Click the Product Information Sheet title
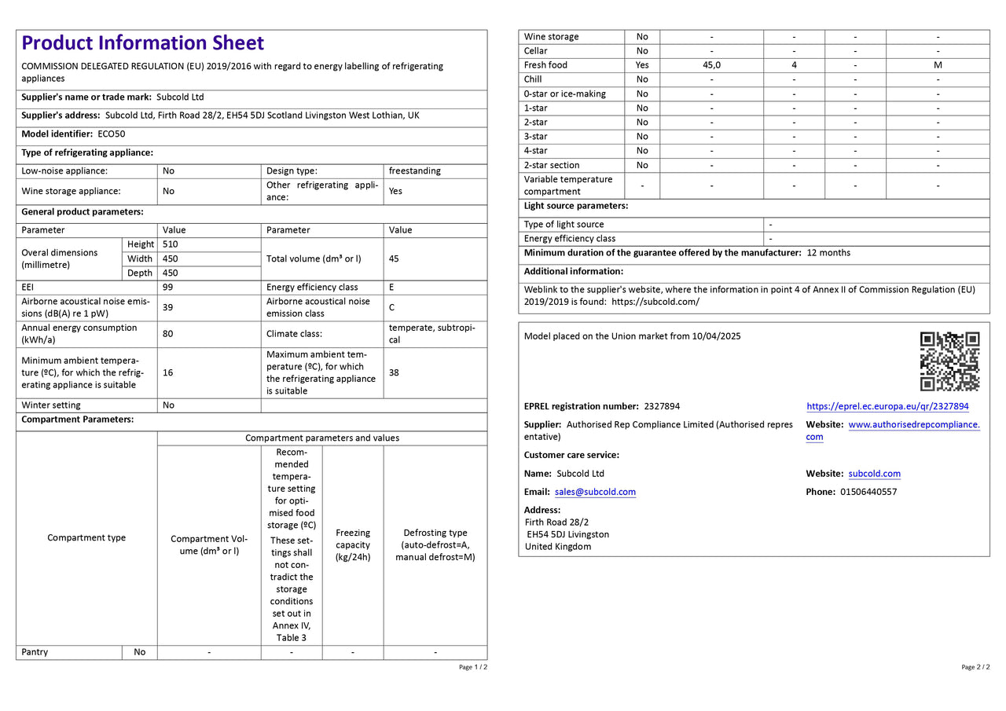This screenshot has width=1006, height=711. coord(142,43)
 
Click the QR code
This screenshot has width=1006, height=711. coord(949,361)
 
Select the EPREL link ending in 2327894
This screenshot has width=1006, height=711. coord(887,406)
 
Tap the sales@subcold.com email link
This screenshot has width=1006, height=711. coord(595,492)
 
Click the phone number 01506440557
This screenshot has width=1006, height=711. coord(868,492)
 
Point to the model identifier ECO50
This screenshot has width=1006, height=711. coord(111,134)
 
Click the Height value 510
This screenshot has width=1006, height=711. coord(170,244)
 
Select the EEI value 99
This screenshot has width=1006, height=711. coord(167,288)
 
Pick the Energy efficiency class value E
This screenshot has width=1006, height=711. coord(391,288)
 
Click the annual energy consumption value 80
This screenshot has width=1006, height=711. coord(167,334)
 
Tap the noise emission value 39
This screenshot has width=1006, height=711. coord(167,307)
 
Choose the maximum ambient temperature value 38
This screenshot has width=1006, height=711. coord(394,372)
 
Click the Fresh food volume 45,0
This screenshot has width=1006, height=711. coord(711,65)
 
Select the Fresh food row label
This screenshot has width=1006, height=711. coord(545,65)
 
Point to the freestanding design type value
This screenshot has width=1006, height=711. coord(414,170)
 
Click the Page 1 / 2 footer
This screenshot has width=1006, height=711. coord(472,667)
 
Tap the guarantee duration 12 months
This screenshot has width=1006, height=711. coord(828,253)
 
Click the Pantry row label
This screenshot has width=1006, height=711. coord(35,652)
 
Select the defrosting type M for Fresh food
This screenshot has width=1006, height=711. coord(938,65)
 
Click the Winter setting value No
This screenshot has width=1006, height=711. coord(168,405)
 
